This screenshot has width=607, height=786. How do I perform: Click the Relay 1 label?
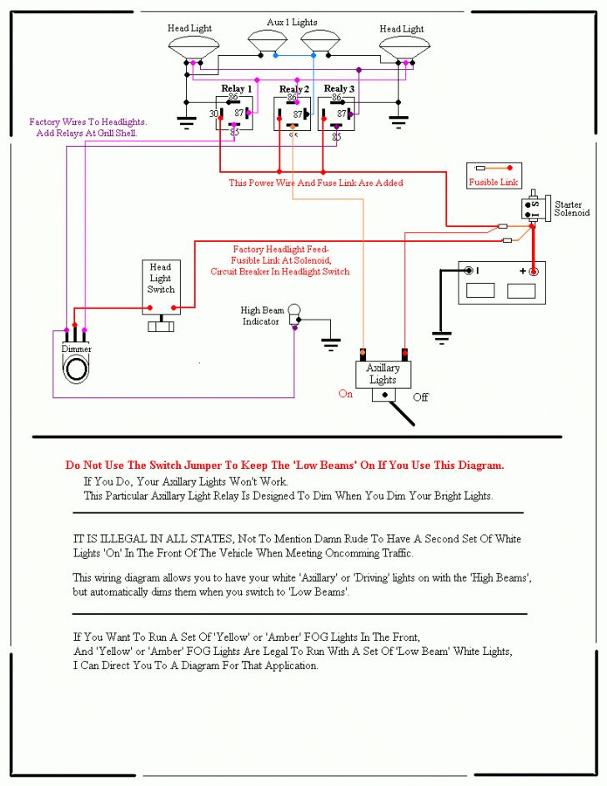[x=237, y=88]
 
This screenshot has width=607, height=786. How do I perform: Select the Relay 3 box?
[x=336, y=114]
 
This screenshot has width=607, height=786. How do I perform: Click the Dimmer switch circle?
[x=77, y=368]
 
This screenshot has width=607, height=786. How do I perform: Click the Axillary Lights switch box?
[x=383, y=374]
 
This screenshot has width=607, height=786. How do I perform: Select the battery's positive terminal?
[x=534, y=270]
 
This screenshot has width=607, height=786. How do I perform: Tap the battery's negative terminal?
[x=469, y=270]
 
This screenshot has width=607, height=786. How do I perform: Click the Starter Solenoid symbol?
[x=531, y=207]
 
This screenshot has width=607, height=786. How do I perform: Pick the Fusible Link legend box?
[x=494, y=175]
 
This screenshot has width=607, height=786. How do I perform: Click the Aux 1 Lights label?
[x=292, y=22]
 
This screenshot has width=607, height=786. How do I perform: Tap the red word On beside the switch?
[x=346, y=394]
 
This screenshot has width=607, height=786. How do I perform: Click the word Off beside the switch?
[x=421, y=397]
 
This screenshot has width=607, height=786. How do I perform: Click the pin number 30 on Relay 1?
[x=213, y=113]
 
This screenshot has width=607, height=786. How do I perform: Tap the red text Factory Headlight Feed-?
[x=281, y=249]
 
